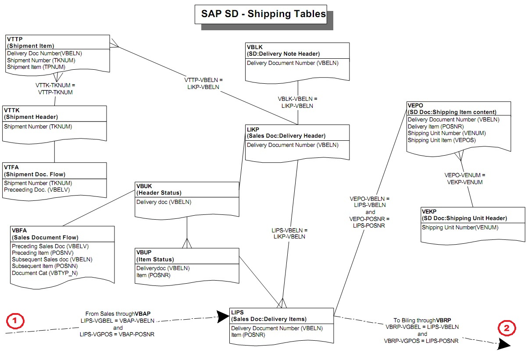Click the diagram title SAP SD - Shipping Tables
263,14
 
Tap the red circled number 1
15,321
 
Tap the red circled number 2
507,328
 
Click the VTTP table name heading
15,39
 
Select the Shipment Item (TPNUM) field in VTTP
36,67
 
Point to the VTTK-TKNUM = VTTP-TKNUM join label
55,89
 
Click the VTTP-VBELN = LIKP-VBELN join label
203,83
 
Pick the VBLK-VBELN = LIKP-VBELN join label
297,102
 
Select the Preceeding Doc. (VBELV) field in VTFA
37,190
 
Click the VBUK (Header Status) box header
159,189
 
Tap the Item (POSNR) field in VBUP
153,275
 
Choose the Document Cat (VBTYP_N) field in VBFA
45,273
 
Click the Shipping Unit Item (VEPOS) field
442,140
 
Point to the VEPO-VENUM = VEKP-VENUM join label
465,179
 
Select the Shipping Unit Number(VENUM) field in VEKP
460,228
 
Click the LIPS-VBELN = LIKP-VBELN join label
289,233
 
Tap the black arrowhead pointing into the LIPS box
223,317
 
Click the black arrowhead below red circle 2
504,345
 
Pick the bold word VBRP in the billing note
443,321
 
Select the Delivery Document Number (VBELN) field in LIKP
293,145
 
